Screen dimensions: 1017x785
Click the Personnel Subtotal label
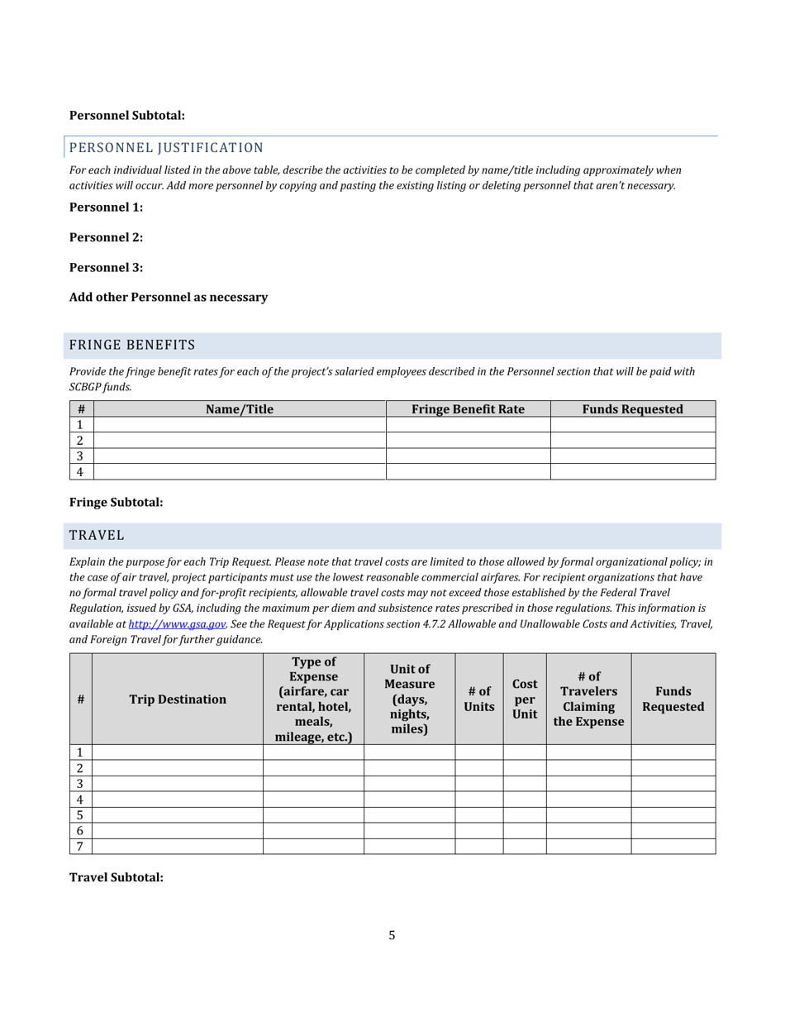[x=126, y=116]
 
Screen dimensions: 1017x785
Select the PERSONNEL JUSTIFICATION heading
[x=166, y=148]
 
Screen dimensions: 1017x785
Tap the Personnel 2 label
[x=106, y=237]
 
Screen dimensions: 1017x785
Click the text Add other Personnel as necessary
[x=169, y=297]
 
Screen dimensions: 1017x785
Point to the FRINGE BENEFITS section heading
[x=132, y=345]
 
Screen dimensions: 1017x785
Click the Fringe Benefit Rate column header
[x=468, y=409]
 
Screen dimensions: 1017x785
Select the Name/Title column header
[x=240, y=409]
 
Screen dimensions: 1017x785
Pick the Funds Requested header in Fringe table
[x=632, y=409]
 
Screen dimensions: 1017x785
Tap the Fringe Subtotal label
[x=116, y=502]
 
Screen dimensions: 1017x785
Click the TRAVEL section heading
[x=97, y=536]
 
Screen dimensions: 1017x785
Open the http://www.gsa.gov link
[x=177, y=624]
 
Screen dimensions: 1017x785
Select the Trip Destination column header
[x=178, y=699]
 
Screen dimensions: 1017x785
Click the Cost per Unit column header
[x=525, y=699]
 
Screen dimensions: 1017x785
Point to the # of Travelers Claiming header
[x=588, y=699]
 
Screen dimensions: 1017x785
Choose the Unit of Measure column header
[x=409, y=699]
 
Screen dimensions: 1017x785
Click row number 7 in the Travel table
[x=80, y=847]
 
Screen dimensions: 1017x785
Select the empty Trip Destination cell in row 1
[x=178, y=752]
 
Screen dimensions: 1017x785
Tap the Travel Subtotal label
[x=116, y=877]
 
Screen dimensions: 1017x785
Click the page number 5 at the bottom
[x=392, y=936]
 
